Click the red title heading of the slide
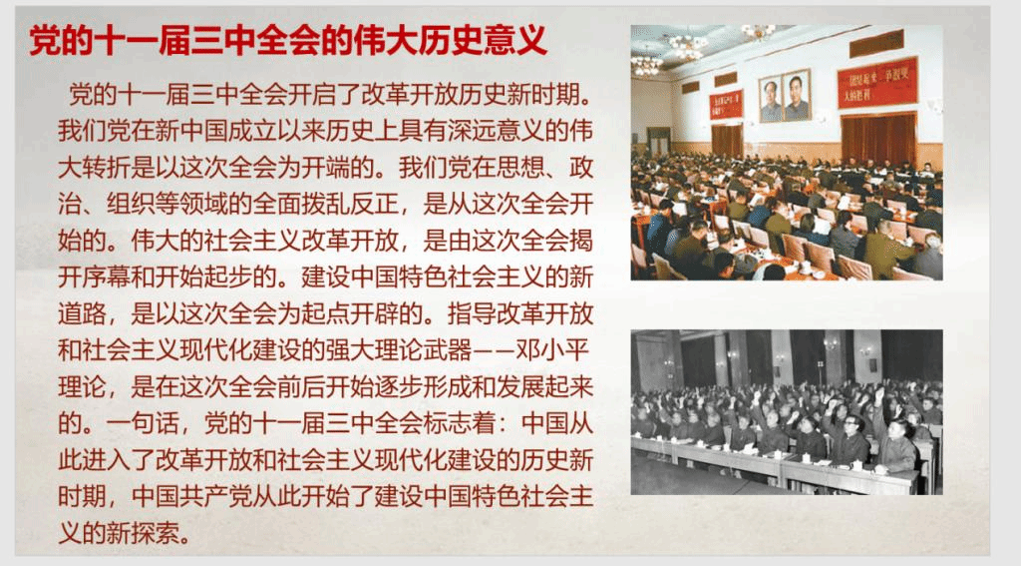pos(288,41)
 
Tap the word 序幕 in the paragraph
pos(119,278)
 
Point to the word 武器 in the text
pos(446,350)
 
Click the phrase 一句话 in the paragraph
pos(143,423)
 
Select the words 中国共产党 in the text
pos(191,496)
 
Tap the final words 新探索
pos(144,533)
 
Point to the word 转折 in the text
pos(107,168)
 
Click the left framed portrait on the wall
pos(771,99)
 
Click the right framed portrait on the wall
pos(797,95)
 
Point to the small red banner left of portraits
pos(726,105)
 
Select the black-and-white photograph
pos(787,412)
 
